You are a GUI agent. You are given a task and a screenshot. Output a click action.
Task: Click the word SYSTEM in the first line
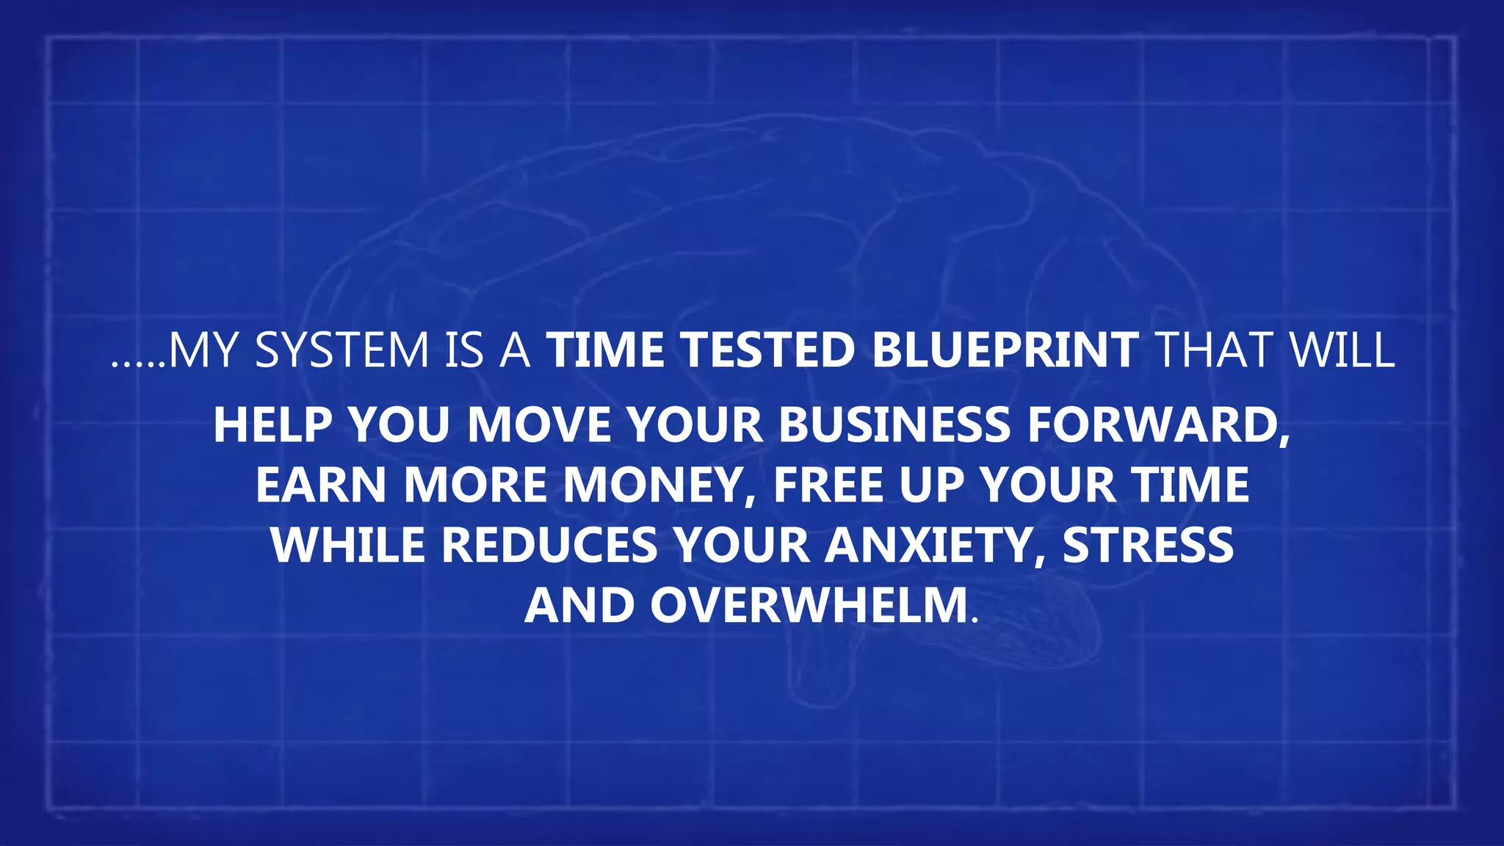pyautogui.click(x=341, y=350)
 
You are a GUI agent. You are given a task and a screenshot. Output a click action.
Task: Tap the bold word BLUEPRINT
pyautogui.click(x=1005, y=350)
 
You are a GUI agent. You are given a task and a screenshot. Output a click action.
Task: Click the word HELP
pyautogui.click(x=272, y=425)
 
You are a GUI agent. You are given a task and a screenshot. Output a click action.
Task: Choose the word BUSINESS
pyautogui.click(x=894, y=425)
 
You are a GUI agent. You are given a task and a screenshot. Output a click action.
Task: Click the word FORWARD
pyautogui.click(x=1157, y=425)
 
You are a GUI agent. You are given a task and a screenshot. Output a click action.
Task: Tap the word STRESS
pyautogui.click(x=1148, y=546)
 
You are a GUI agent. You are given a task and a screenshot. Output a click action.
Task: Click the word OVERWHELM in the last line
pyautogui.click(x=809, y=606)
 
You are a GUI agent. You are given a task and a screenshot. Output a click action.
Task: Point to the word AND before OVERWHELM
pyautogui.click(x=579, y=606)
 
